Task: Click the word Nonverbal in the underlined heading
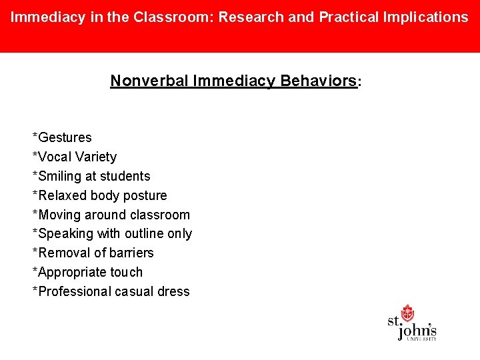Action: [149, 81]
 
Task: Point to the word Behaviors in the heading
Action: [318, 81]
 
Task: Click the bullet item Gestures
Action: [65, 137]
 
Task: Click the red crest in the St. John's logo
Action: [407, 313]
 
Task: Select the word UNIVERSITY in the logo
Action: [421, 339]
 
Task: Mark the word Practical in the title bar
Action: [347, 17]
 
